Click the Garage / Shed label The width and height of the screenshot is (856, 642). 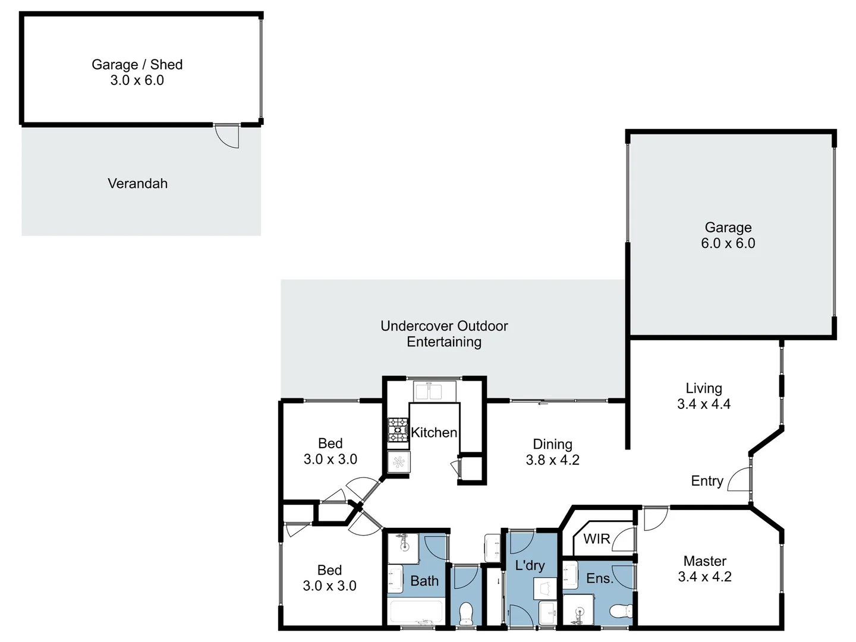pyautogui.click(x=137, y=65)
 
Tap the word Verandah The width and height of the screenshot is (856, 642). pyautogui.click(x=137, y=184)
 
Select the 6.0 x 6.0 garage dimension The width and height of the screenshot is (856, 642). pyautogui.click(x=728, y=243)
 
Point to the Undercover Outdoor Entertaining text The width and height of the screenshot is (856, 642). pyautogui.click(x=444, y=334)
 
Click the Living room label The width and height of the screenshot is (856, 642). pyautogui.click(x=704, y=389)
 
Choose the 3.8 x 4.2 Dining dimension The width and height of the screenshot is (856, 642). pyautogui.click(x=552, y=460)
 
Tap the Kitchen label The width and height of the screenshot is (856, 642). pyautogui.click(x=434, y=433)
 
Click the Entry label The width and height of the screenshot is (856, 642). pyautogui.click(x=707, y=481)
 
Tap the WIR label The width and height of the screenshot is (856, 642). pyautogui.click(x=596, y=539)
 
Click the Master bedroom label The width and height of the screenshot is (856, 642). pyautogui.click(x=704, y=561)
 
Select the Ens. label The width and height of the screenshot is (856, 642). pyautogui.click(x=599, y=578)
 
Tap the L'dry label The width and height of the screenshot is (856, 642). pyautogui.click(x=530, y=565)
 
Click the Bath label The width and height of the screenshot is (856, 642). pyautogui.click(x=424, y=581)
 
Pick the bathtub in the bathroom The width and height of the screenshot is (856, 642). pyautogui.click(x=414, y=612)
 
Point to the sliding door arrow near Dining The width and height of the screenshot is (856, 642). pyautogui.click(x=542, y=404)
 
